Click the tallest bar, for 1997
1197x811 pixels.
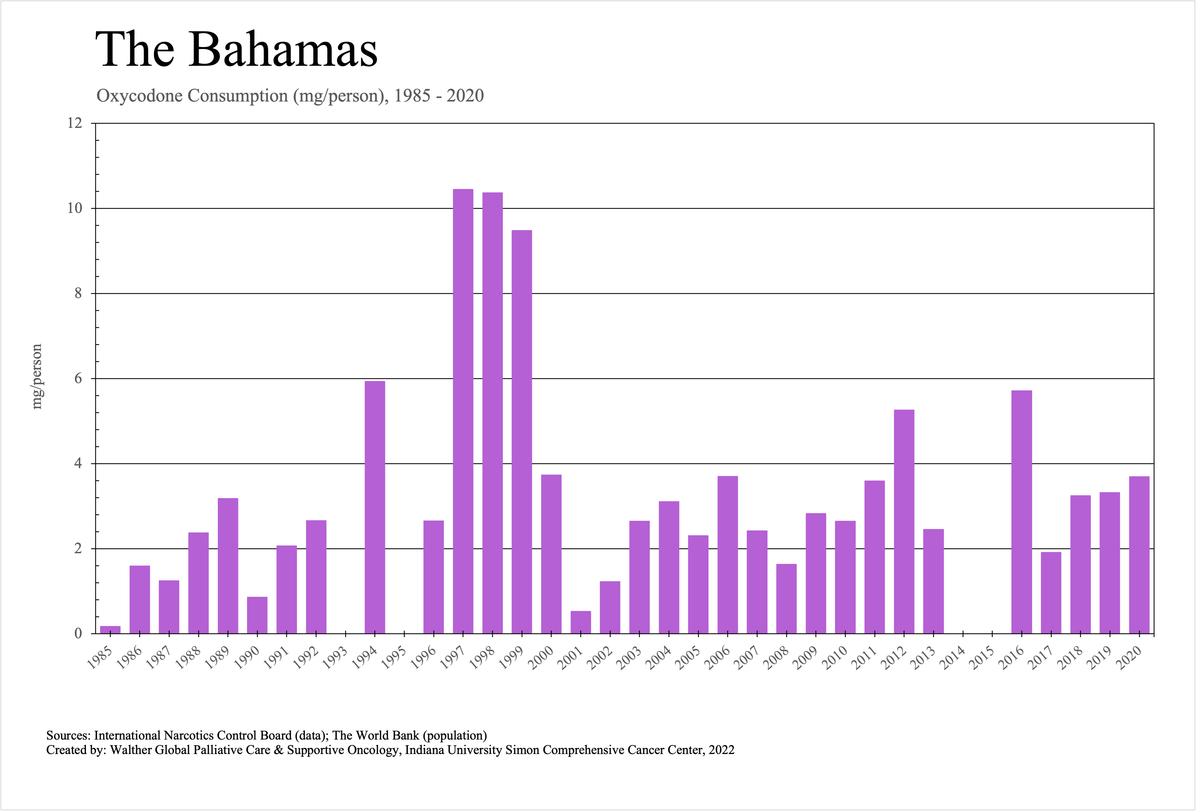(x=463, y=412)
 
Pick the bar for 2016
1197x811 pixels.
(x=1021, y=512)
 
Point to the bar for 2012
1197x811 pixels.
(x=904, y=521)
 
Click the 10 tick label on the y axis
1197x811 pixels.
(x=75, y=208)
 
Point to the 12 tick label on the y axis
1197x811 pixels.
(x=75, y=123)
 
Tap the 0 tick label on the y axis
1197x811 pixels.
(x=78, y=634)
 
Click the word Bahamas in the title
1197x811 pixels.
(x=284, y=50)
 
